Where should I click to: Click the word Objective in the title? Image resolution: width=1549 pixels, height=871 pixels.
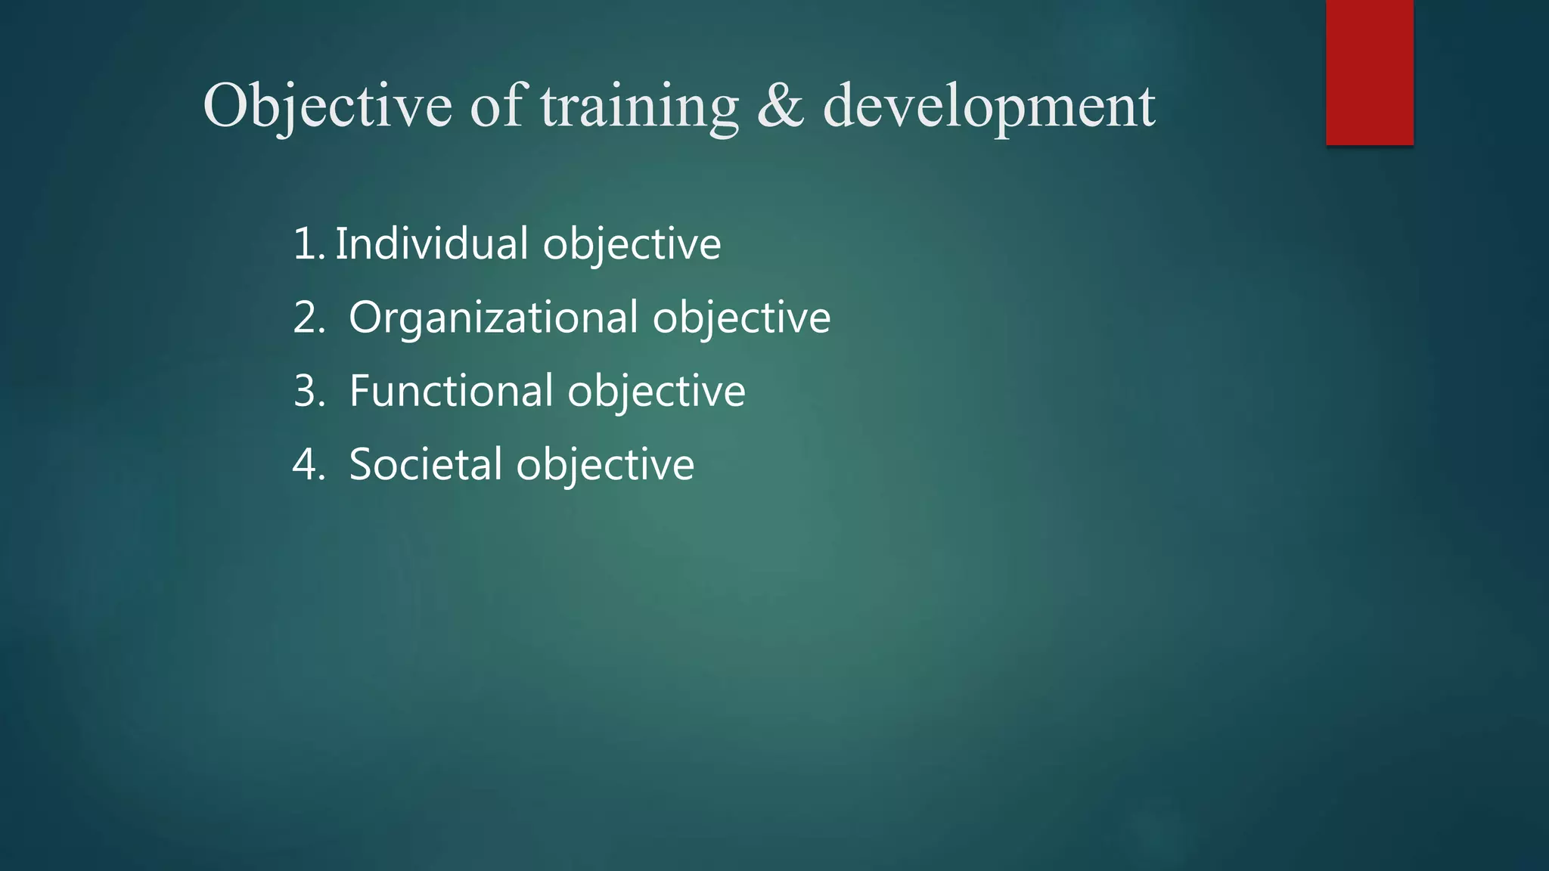coord(327,106)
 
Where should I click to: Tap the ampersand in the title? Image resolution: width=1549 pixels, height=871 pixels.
coord(780,106)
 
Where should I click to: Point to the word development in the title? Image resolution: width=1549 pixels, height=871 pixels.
coord(989,106)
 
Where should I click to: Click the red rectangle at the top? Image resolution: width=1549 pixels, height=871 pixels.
coord(1369,72)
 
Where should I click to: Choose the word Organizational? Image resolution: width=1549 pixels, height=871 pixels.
coord(493,318)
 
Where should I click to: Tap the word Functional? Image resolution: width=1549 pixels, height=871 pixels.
coord(451,391)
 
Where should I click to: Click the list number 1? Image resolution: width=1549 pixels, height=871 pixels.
coord(306,244)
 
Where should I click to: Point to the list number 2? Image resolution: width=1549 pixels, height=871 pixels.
coord(307,318)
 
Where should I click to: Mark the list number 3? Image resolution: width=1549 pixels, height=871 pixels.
coord(307,391)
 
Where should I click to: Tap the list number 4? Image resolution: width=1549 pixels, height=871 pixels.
coord(307,464)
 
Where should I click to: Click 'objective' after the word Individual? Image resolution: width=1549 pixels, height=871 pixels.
coord(632,245)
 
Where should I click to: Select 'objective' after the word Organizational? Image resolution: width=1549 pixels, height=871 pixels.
coord(741,318)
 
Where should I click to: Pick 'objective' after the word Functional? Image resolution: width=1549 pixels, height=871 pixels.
coord(656,392)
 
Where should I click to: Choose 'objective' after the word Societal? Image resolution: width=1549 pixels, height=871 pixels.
coord(604,465)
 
